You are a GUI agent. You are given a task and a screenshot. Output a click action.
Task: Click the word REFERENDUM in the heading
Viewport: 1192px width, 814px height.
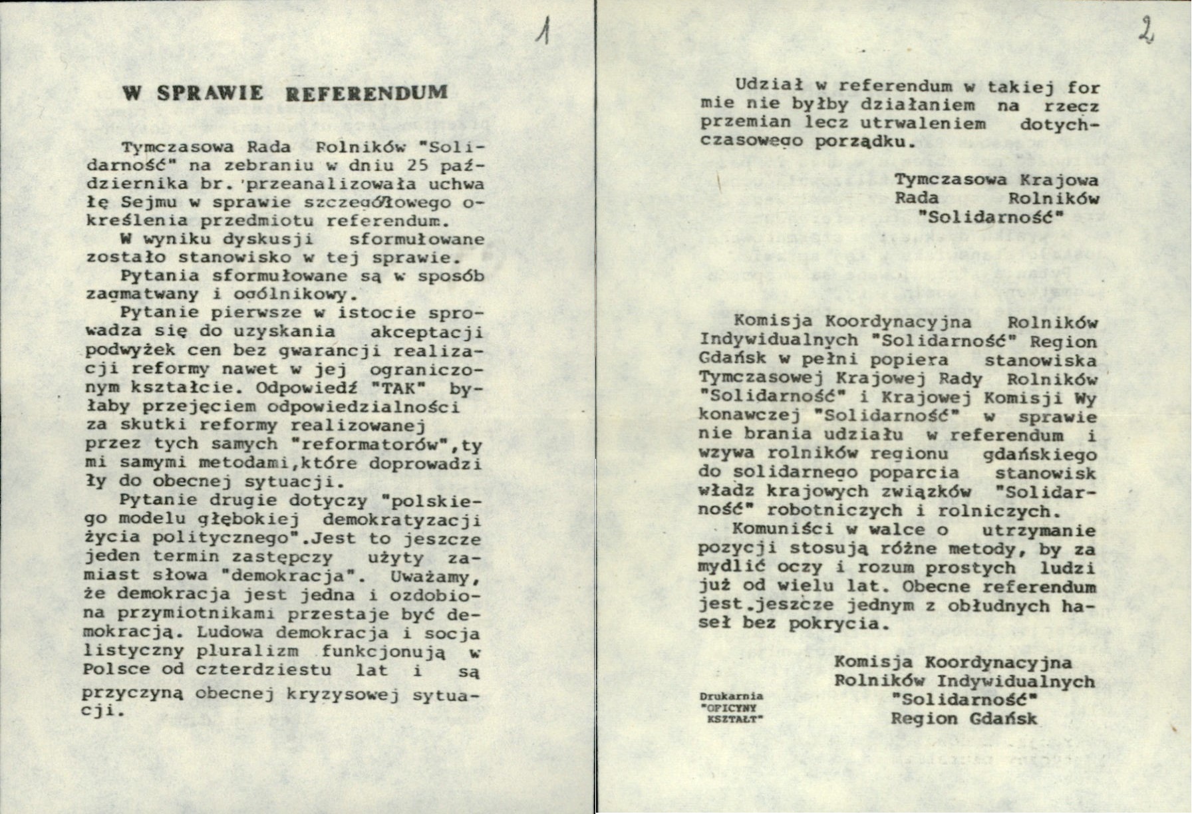[x=366, y=92]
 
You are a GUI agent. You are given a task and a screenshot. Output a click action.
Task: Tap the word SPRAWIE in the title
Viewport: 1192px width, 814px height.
[x=210, y=93]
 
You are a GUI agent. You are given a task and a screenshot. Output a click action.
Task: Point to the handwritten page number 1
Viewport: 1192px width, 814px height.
[x=544, y=31]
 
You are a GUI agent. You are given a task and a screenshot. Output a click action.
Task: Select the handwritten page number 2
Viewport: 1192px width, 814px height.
[x=1145, y=30]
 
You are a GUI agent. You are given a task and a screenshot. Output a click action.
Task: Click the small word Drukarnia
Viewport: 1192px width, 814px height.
[x=731, y=696]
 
